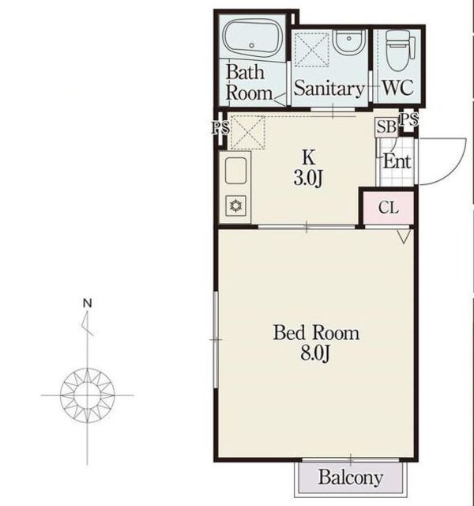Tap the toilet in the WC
point(401,50)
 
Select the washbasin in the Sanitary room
point(349,42)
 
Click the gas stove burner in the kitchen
point(236,206)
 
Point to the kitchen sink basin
point(235,171)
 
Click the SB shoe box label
point(386,126)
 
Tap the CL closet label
point(389,207)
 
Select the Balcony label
point(351,478)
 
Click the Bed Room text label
point(316,333)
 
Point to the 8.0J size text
point(315,353)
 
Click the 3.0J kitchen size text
point(308,178)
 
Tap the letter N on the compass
point(88,303)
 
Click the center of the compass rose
point(88,395)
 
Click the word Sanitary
point(329,88)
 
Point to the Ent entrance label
point(397,161)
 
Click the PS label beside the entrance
point(409,119)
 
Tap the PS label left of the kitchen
point(220,128)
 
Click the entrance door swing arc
point(456,168)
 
